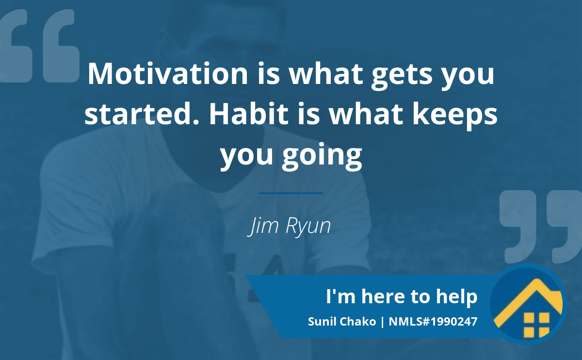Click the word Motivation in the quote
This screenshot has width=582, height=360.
(168, 74)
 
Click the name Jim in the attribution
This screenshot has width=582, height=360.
(263, 226)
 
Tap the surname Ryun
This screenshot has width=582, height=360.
(308, 227)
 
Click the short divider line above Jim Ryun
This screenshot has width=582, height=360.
(291, 194)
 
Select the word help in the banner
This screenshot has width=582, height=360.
(457, 297)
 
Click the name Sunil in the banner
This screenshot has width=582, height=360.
(322, 322)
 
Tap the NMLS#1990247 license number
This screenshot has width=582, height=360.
(433, 322)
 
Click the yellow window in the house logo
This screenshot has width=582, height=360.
(536, 325)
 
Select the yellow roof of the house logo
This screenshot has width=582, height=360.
(528, 301)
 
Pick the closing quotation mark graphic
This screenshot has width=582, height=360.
(541, 227)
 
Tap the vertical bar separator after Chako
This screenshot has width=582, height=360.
(382, 322)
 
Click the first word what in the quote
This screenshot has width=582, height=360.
(326, 74)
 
